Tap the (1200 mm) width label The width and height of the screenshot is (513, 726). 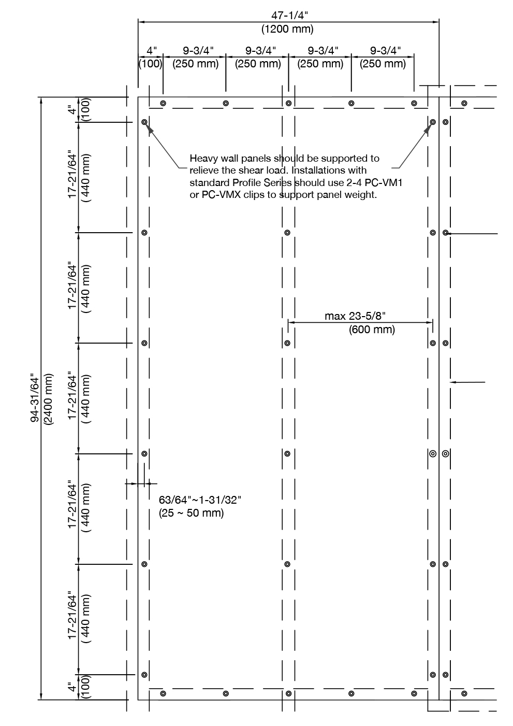tap(288, 29)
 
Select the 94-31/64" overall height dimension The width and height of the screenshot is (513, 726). tap(35, 398)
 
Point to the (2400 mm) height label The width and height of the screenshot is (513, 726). tap(48, 398)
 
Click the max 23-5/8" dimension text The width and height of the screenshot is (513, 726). tap(356, 316)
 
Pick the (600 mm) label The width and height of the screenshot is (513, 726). tap(372, 330)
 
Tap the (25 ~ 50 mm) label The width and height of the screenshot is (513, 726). tap(191, 513)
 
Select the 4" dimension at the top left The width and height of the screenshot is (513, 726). tap(151, 51)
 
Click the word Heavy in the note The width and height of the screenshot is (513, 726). tap(202, 158)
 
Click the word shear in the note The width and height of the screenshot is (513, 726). tap(245, 170)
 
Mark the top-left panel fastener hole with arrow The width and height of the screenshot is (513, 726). tap(144, 122)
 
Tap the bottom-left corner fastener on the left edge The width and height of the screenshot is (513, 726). tap(144, 675)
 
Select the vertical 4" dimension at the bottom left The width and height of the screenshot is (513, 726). tap(71, 687)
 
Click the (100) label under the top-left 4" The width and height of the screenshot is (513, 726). tap(151, 64)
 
